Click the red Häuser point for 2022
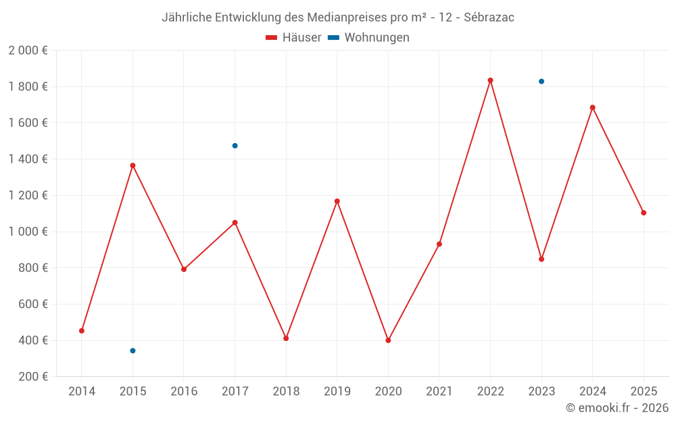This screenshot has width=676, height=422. pos(490,80)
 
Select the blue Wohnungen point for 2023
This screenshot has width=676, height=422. pos(541,82)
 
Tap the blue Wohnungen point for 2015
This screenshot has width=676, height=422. pos(132,350)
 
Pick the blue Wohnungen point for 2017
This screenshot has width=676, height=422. pos(235,146)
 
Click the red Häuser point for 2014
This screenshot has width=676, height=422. pos(82,331)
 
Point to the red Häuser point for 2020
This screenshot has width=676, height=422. pos(388,340)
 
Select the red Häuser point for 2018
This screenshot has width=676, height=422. pos(286,338)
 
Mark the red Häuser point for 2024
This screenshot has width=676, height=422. pos(593,107)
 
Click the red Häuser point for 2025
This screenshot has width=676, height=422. pos(644,213)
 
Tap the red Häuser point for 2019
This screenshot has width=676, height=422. pos(337,201)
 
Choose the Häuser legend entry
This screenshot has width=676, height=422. pos(294,38)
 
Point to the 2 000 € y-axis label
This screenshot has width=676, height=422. pos(28,51)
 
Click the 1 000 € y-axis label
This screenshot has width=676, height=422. pos(28,232)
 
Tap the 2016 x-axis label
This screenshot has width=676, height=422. pos(184,392)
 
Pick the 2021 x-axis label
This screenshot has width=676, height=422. pos(439,392)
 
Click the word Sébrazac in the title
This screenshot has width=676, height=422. pos(489,18)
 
